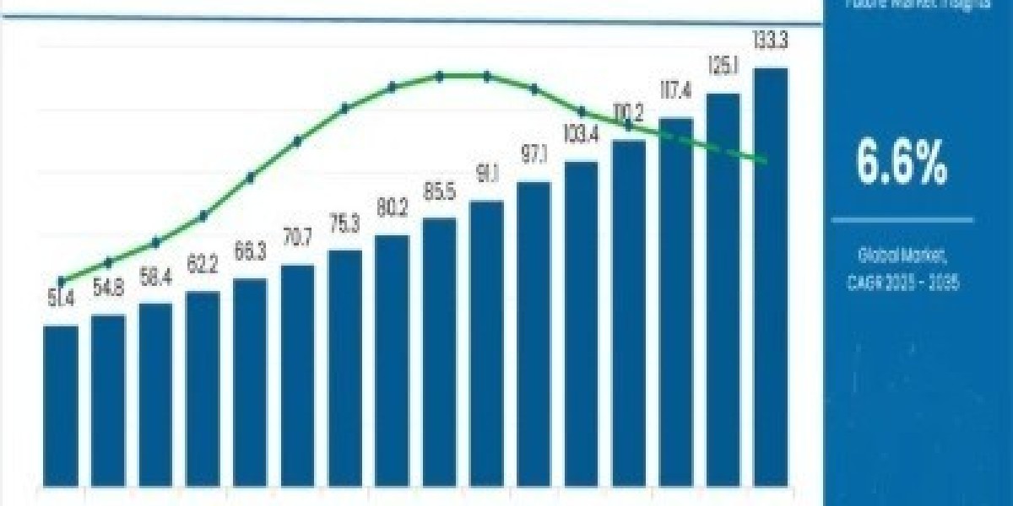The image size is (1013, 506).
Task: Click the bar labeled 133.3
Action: [x=771, y=278]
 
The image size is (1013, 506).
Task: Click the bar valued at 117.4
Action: [x=676, y=303]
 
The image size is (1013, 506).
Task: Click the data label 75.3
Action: [x=344, y=224]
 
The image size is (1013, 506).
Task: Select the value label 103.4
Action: [x=582, y=133]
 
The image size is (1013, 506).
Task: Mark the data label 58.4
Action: [x=155, y=278]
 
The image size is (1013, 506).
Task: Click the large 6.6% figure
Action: [x=901, y=164]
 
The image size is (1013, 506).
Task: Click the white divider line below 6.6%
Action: [x=902, y=220]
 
